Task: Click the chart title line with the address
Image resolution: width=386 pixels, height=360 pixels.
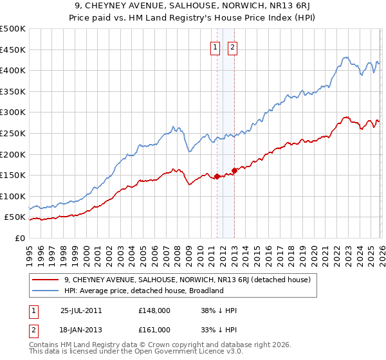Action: pos(192,6)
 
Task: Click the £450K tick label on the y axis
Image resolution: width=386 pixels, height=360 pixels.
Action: pos(13,50)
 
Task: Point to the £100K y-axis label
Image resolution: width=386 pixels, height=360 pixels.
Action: pos(13,196)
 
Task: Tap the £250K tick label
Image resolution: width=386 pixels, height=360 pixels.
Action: pos(13,133)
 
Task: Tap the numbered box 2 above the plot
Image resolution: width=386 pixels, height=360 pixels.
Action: pos(232,46)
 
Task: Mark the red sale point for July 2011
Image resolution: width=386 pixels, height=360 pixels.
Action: pos(217,176)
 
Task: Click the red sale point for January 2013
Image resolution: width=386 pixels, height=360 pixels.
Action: pos(234,170)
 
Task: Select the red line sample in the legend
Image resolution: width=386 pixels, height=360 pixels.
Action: pos(45,280)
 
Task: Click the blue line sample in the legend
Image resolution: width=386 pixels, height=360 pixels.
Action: pos(45,291)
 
